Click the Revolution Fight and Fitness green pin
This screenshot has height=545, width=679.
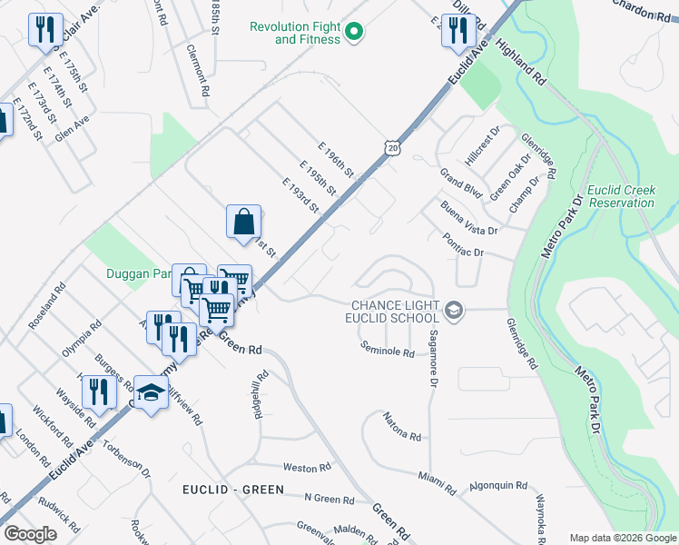[x=355, y=33]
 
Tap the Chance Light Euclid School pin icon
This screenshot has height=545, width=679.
[x=454, y=312]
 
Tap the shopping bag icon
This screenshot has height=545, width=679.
[x=243, y=221]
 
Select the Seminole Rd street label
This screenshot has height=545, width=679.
[x=387, y=350]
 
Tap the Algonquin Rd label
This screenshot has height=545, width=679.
[x=497, y=486]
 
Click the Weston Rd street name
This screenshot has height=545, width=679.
[x=307, y=468]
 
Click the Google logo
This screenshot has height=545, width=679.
[x=30, y=534]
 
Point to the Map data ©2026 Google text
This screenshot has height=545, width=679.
[x=623, y=538]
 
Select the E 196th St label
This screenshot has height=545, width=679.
[x=336, y=159]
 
